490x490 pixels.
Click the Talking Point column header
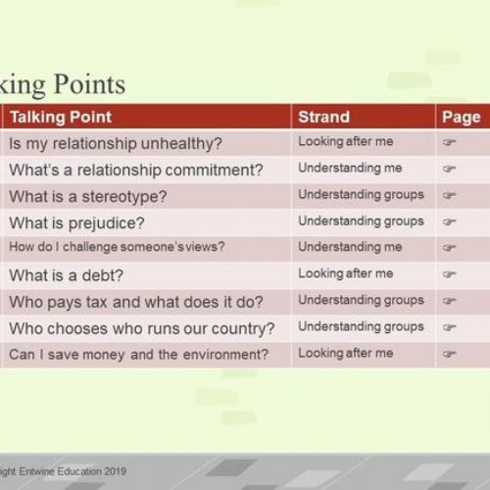pos(61,117)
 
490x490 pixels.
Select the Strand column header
pos(323,117)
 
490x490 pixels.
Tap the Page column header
pos(461,118)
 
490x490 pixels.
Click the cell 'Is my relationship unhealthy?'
pos(116,144)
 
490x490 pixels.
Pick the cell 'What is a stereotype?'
pos(88,197)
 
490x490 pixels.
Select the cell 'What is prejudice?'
pos(76,223)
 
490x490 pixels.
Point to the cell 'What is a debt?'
pos(66,275)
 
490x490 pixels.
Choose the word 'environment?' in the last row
pos(225,355)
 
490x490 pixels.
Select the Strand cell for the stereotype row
pos(361,195)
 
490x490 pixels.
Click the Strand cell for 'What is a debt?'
pos(346,273)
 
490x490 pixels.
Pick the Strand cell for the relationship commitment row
pos(350,169)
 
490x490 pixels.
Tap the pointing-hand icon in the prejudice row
pos(449,221)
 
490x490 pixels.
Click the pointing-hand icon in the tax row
pos(449,301)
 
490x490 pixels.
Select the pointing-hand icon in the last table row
pos(449,354)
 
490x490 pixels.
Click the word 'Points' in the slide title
pos(89,84)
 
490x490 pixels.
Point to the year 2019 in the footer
pos(115,471)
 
